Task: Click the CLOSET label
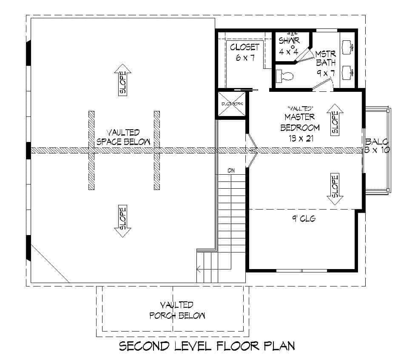244,47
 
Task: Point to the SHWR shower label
289,41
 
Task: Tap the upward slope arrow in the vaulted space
122,79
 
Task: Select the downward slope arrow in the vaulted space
122,221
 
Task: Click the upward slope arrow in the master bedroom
335,120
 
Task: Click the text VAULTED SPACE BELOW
123,137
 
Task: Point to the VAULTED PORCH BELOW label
177,310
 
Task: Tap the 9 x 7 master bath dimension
326,73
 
